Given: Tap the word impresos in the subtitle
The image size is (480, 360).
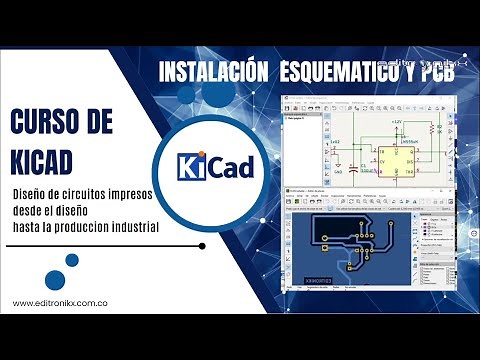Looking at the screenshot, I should [131, 192].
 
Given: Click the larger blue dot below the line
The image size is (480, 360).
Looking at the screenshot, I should [72, 260].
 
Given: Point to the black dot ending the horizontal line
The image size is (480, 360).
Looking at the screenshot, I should [203, 245].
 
